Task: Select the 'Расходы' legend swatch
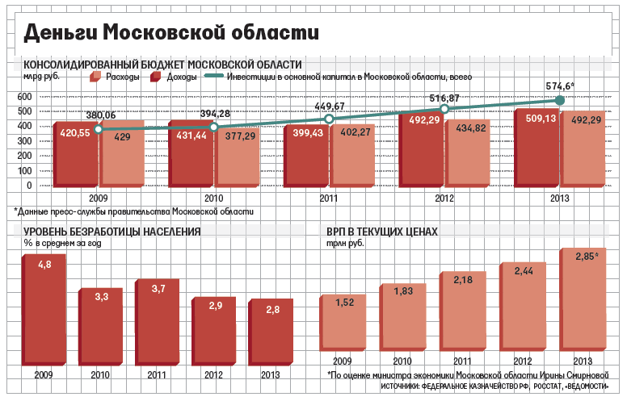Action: (x=95, y=77)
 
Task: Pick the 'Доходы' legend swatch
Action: (x=155, y=77)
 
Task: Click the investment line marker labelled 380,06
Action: (x=99, y=129)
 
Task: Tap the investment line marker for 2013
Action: (x=559, y=100)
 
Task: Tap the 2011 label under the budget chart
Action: (x=329, y=198)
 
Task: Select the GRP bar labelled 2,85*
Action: (x=584, y=307)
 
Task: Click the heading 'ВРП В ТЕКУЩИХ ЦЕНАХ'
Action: (x=381, y=232)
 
